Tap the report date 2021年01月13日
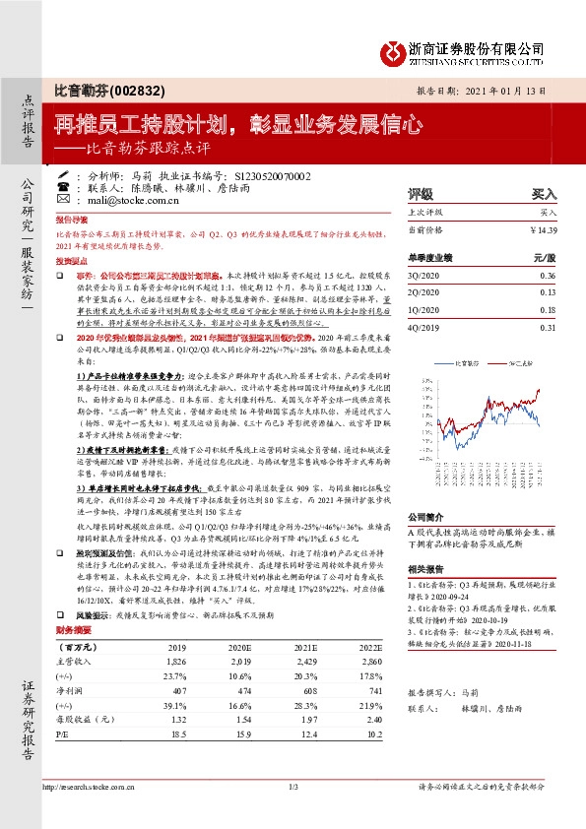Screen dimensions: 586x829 (x=521, y=90)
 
